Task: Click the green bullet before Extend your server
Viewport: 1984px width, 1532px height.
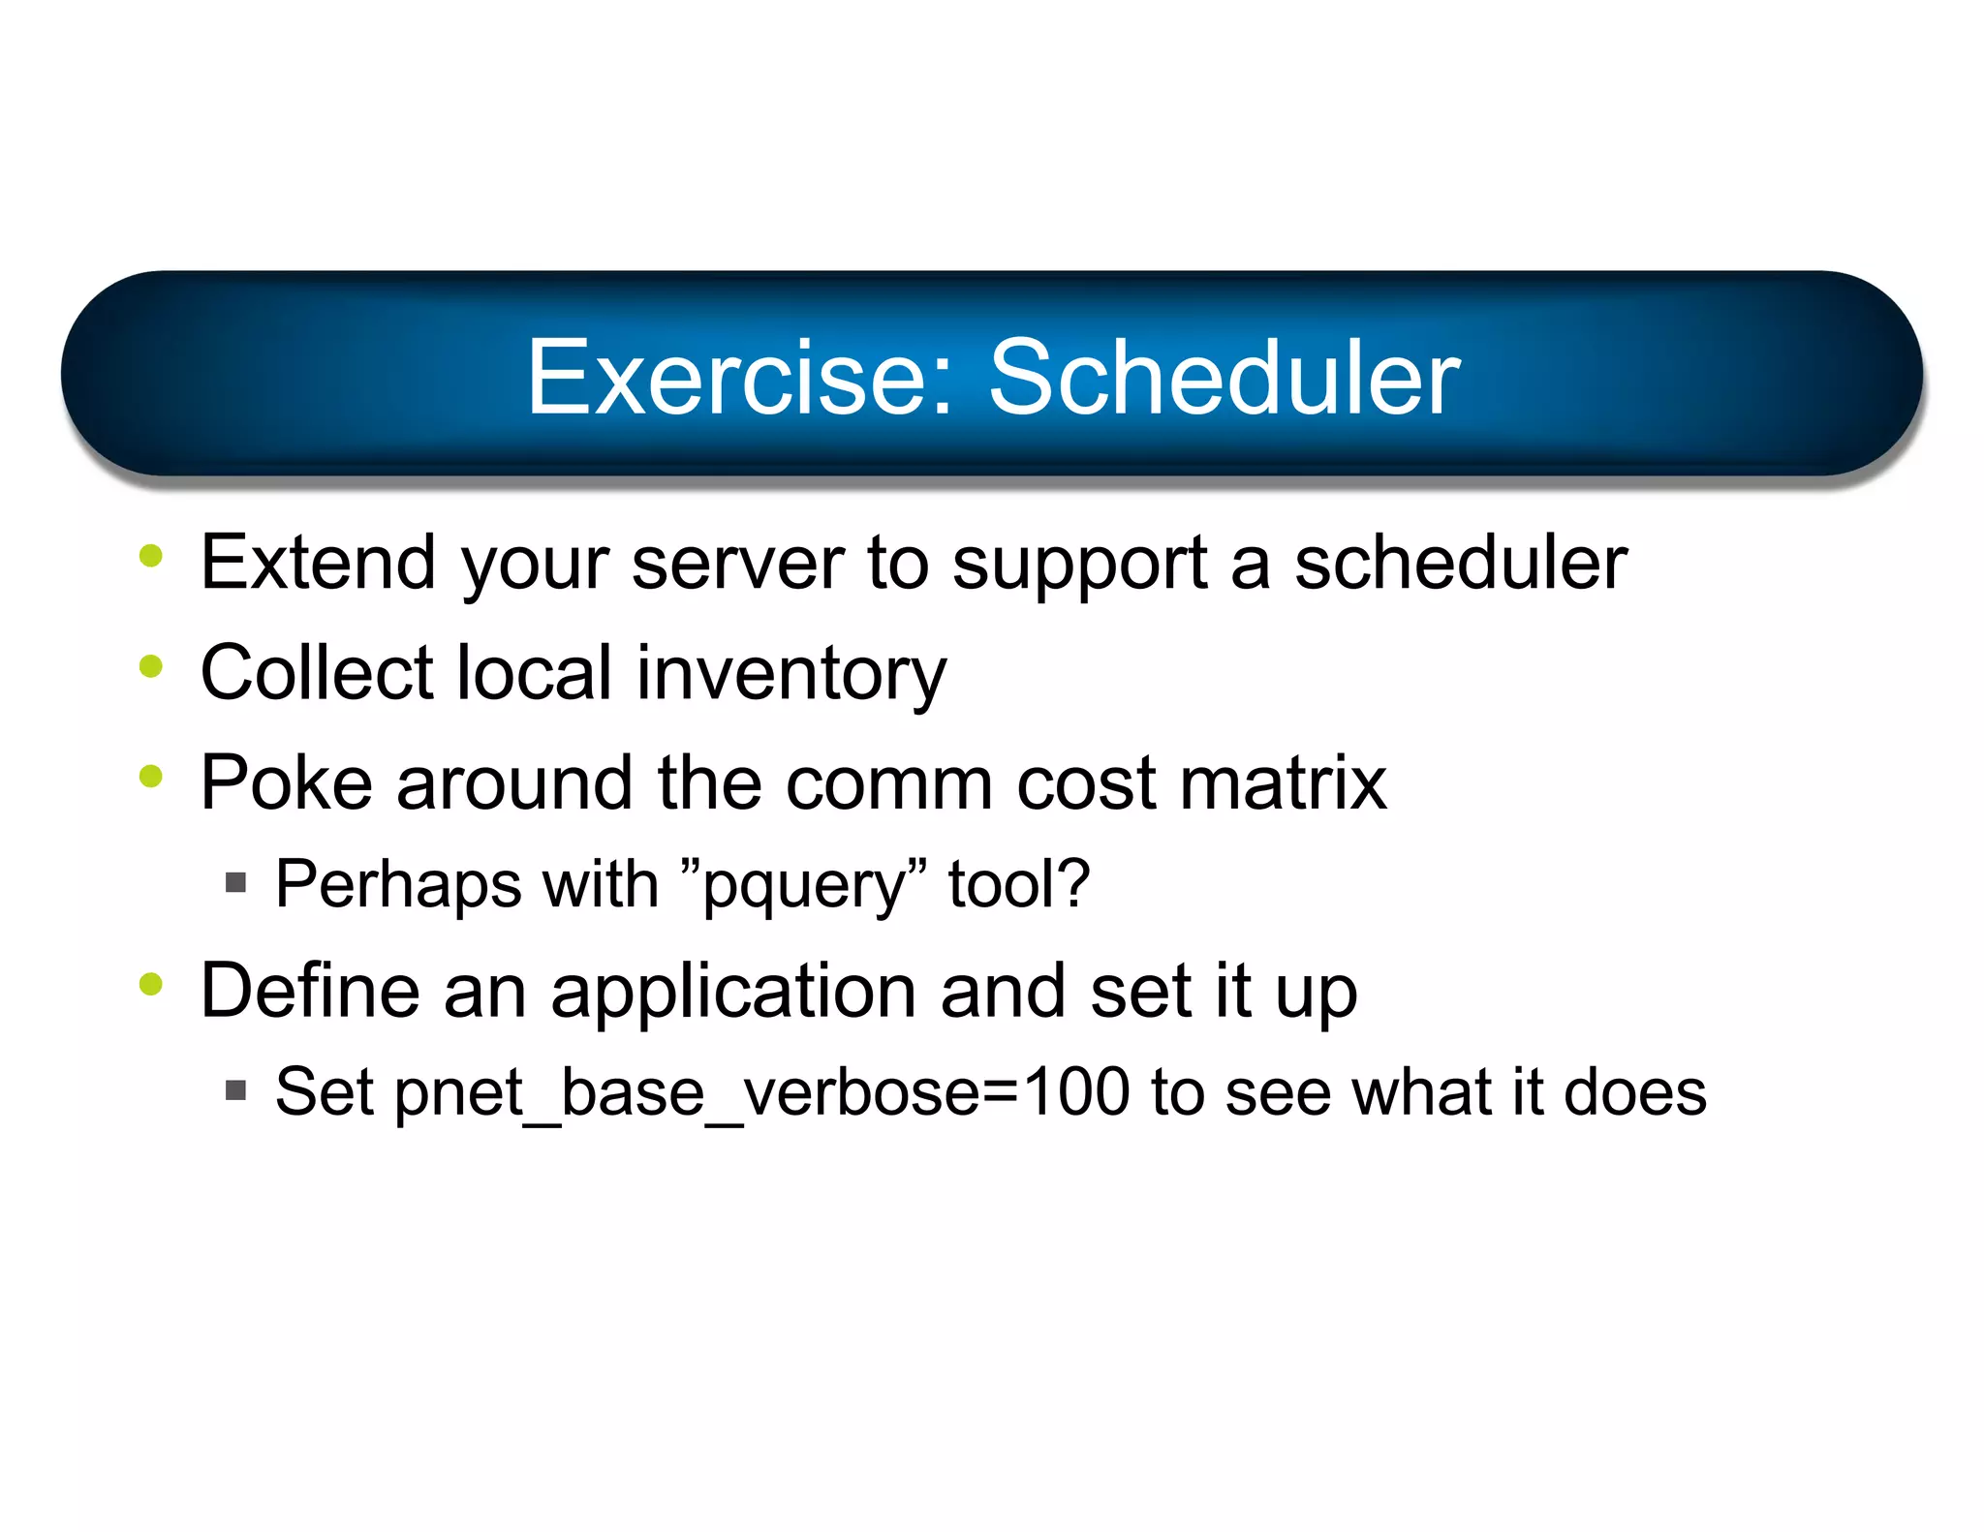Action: point(151,556)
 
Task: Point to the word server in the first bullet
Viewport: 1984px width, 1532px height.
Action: point(737,565)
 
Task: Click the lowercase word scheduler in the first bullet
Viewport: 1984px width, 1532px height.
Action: point(1461,563)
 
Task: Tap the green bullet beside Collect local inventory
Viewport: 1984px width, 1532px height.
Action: point(151,666)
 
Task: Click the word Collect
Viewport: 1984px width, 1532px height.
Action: point(317,673)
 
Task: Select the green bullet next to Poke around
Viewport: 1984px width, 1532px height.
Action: point(151,776)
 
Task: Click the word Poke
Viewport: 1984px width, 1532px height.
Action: point(286,782)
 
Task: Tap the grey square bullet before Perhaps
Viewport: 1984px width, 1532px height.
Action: point(235,882)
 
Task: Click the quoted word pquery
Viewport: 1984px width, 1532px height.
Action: point(803,886)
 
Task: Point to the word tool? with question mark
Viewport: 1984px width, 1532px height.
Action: point(1019,884)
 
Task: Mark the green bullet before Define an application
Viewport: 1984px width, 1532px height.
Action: point(151,984)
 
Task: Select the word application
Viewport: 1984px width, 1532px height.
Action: point(733,993)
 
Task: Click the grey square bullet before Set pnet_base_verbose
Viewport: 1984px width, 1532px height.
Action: point(235,1090)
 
